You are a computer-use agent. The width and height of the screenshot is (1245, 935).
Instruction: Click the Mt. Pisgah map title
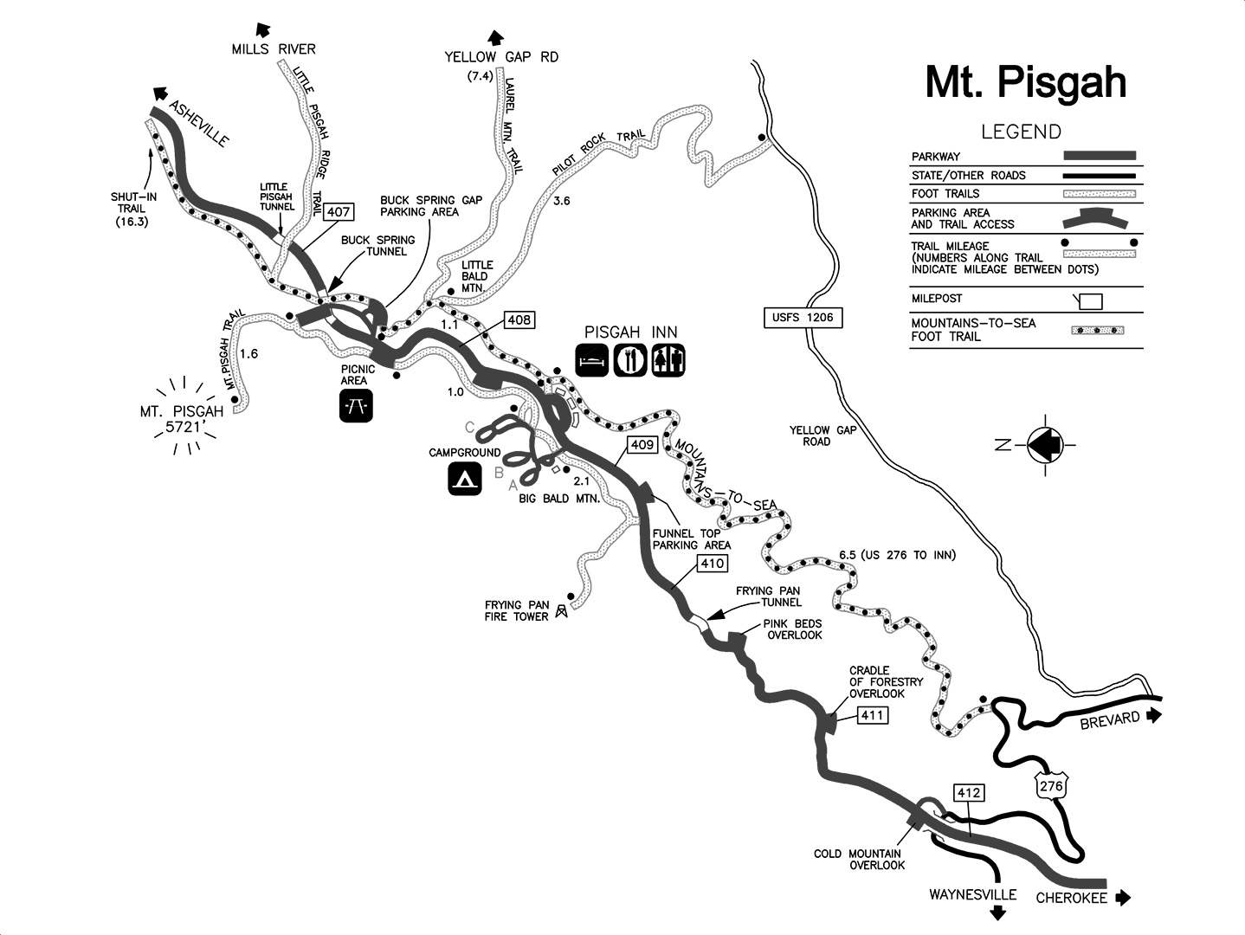(x=1025, y=82)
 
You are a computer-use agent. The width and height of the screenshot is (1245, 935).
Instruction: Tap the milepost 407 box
(x=339, y=212)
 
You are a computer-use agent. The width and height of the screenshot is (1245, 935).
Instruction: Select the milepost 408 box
(x=519, y=320)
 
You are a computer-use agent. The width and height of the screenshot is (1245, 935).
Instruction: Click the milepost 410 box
(x=712, y=564)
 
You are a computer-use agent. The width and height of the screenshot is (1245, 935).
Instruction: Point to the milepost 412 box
(x=968, y=792)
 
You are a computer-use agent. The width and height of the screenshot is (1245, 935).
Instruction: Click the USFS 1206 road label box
(x=803, y=318)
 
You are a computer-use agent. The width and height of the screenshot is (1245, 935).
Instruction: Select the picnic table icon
(x=356, y=405)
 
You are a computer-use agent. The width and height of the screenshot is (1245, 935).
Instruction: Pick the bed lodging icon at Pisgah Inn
(x=593, y=360)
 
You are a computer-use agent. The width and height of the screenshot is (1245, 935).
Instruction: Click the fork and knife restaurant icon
(x=630, y=360)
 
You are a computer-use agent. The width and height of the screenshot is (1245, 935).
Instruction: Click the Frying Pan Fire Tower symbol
(x=562, y=611)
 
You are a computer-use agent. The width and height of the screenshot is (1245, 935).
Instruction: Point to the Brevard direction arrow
(x=1152, y=715)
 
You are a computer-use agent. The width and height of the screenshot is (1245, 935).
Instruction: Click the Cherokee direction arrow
(x=1123, y=898)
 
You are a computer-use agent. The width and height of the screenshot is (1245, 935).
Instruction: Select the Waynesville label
(x=972, y=894)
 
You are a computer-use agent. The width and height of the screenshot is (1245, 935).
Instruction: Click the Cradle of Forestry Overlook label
(x=886, y=682)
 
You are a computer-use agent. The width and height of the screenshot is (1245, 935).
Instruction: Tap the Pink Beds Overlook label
(x=792, y=629)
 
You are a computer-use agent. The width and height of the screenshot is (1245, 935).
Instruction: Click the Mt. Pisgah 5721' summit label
(x=182, y=419)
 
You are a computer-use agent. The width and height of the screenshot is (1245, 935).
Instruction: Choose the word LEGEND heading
(x=1021, y=132)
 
